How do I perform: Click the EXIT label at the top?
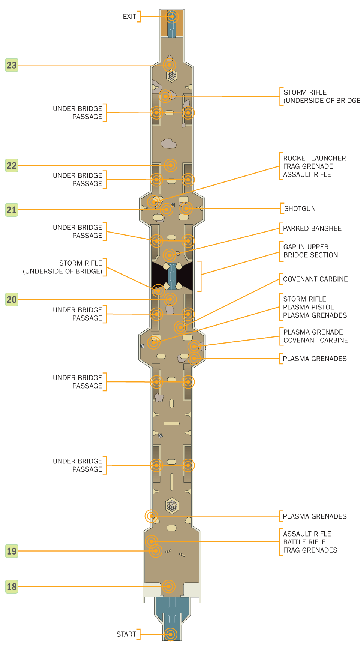coord(129,16)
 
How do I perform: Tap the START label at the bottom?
coord(126,634)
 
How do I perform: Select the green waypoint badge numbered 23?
coord(12,65)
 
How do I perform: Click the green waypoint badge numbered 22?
coord(12,165)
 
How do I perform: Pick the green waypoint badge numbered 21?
coord(12,210)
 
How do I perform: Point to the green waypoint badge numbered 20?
coord(12,299)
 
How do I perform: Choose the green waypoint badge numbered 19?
coord(12,551)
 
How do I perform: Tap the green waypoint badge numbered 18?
coord(12,586)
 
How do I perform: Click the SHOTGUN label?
coord(300,209)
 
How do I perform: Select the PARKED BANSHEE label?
coord(312,229)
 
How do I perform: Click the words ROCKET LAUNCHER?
coord(314,158)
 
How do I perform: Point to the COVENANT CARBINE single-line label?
coord(315,279)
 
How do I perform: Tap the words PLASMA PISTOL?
coord(308,307)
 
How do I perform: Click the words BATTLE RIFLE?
coord(304,542)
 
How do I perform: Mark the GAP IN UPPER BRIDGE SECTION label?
coord(310,251)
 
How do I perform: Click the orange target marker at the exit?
coord(172,16)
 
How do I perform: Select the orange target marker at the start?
coord(171,634)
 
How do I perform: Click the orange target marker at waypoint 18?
coord(168,586)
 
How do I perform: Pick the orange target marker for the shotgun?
coord(186,208)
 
